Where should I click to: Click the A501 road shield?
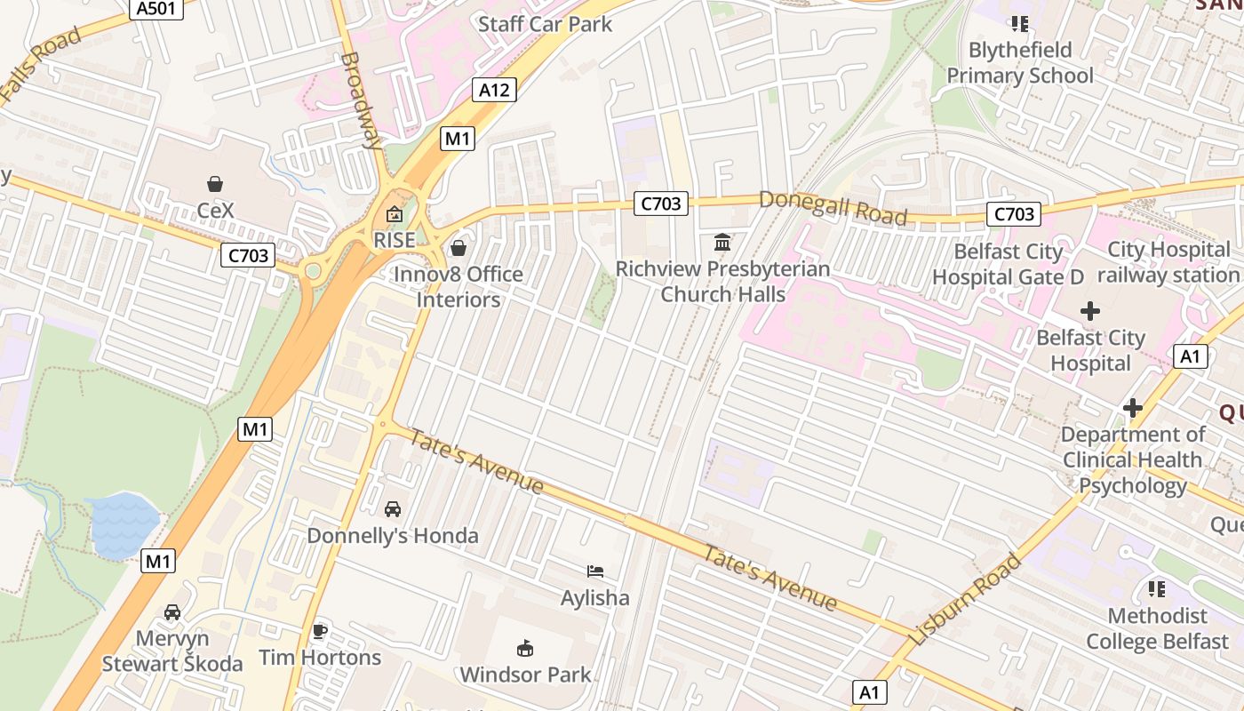pos(156,9)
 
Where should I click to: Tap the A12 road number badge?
pos(494,90)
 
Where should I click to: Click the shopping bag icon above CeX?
pos(215,184)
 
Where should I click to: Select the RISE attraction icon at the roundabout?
pos(394,214)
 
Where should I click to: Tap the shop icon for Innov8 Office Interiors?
pos(459,248)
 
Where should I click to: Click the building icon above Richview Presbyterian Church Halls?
pos(722,242)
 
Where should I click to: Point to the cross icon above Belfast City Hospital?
pos(1089,311)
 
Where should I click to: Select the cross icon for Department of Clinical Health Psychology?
pos(1132,408)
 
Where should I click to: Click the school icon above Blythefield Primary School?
pos(1019,24)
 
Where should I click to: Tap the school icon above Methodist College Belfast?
pos(1156,589)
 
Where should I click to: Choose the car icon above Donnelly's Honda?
pos(392,509)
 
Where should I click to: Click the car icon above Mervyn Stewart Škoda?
pos(172,612)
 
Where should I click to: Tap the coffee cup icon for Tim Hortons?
pos(320,632)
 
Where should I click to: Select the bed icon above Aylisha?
pos(594,571)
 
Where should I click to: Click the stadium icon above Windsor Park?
pos(525,649)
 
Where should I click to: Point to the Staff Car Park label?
pos(545,24)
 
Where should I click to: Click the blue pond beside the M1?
pos(123,524)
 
